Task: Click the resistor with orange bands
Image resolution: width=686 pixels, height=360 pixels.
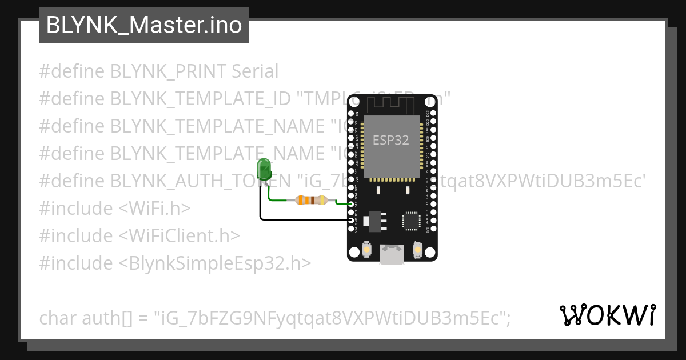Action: click(x=311, y=200)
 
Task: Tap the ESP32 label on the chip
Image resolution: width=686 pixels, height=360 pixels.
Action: click(x=391, y=140)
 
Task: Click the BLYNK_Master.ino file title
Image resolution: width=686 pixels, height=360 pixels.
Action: click(x=143, y=25)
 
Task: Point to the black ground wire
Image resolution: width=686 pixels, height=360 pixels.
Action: click(x=303, y=219)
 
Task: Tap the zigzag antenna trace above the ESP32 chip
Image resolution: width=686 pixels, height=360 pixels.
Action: click(x=391, y=105)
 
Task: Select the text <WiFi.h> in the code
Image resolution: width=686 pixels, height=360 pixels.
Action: click(x=154, y=208)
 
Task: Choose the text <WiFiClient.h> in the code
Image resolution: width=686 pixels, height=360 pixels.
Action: click(x=180, y=235)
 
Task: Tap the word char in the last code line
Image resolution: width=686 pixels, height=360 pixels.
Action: click(x=58, y=318)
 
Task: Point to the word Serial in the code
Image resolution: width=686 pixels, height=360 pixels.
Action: click(x=255, y=71)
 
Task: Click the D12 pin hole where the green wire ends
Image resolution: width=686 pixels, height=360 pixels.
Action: click(x=350, y=204)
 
